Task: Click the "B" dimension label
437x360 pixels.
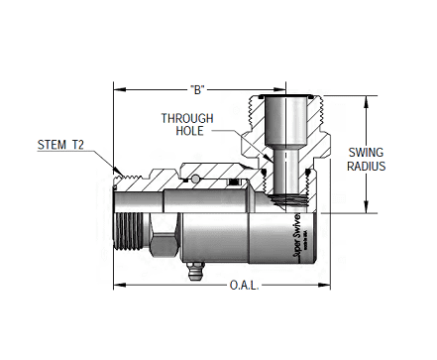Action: click(x=196, y=90)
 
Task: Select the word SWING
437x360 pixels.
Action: click(x=367, y=153)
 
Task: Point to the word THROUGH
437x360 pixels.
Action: click(x=188, y=118)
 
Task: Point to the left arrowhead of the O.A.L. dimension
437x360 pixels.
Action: click(x=118, y=285)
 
